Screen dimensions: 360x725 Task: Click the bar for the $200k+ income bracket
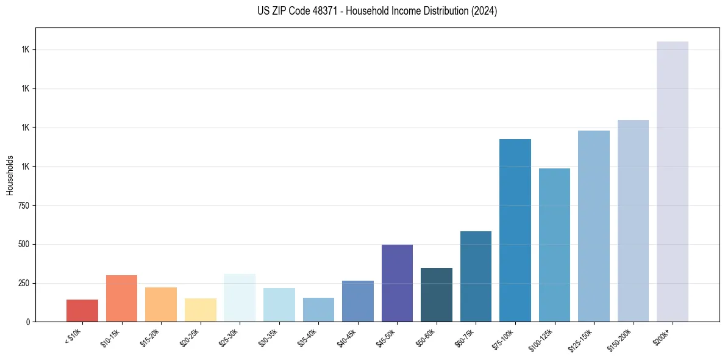coord(673,181)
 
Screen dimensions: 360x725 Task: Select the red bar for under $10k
coord(82,311)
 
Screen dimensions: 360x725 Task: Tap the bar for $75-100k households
coord(515,230)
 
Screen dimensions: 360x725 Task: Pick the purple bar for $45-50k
coord(397,283)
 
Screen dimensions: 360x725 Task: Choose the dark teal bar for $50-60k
coord(437,295)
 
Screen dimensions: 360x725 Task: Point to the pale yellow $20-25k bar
coord(201,310)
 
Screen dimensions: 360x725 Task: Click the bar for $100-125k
coord(554,245)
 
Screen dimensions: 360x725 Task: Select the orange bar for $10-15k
coord(121,298)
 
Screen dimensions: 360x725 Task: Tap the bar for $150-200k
coord(633,221)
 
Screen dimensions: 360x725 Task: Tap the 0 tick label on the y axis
coord(28,322)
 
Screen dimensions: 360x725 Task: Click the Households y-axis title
coord(10,175)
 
